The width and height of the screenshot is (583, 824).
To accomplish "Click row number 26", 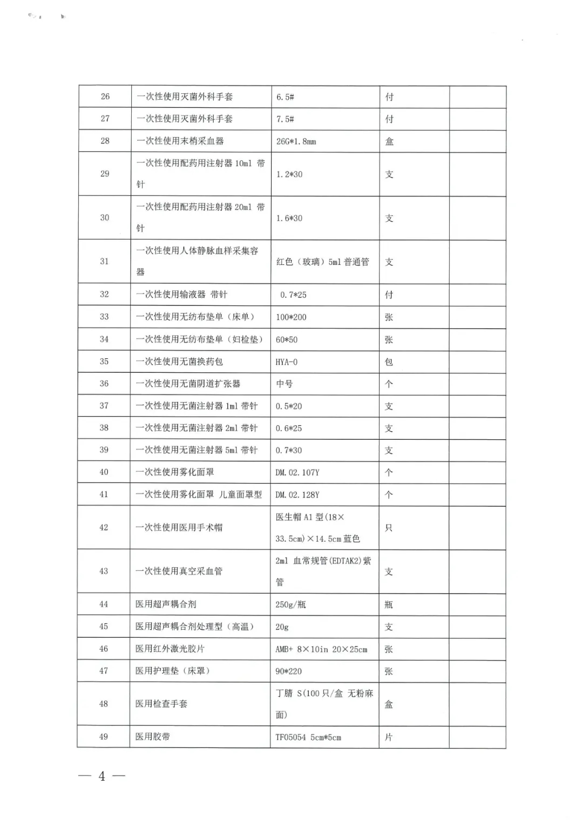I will pyautogui.click(x=105, y=97).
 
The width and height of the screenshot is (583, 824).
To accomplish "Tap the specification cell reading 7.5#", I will pyautogui.click(x=285, y=119).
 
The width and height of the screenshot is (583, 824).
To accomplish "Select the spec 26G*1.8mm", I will pyautogui.click(x=296, y=141).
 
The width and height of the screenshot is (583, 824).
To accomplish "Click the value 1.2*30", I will pyautogui.click(x=289, y=174).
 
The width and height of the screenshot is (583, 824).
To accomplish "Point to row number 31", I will pyautogui.click(x=105, y=261).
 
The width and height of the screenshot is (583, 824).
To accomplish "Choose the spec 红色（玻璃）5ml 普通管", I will pyautogui.click(x=323, y=262).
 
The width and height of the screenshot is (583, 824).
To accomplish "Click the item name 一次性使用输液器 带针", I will pyautogui.click(x=182, y=295).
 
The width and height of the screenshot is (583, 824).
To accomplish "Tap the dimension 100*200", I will pyautogui.click(x=291, y=317).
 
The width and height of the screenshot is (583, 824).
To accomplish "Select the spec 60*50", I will pyautogui.click(x=287, y=339).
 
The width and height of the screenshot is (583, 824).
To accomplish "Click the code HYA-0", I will pyautogui.click(x=287, y=362).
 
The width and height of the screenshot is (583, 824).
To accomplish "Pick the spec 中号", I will pyautogui.click(x=284, y=384).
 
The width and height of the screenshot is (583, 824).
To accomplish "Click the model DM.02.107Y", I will pyautogui.click(x=297, y=472).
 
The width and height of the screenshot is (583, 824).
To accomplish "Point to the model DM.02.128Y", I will pyautogui.click(x=297, y=494).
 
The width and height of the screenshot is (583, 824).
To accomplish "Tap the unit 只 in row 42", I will pyautogui.click(x=389, y=528).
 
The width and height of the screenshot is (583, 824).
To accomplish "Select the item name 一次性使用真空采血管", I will pyautogui.click(x=179, y=571).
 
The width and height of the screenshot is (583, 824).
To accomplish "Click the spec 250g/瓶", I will pyautogui.click(x=290, y=604).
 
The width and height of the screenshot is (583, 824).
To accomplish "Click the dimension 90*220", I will pyautogui.click(x=289, y=671).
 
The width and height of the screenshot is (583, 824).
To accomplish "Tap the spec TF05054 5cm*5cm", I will pyautogui.click(x=308, y=737).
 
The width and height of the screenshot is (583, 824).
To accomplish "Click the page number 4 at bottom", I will pyautogui.click(x=102, y=776).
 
